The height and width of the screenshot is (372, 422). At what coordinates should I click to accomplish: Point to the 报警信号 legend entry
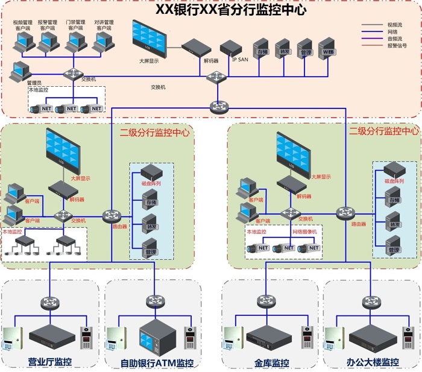pyautogui.click(x=396, y=46)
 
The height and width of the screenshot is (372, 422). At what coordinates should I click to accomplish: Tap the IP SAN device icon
pyautogui.click(x=231, y=48)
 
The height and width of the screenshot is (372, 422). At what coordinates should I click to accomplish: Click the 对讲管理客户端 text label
pyautogui.click(x=104, y=25)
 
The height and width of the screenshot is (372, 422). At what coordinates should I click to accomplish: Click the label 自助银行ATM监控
pyautogui.click(x=157, y=363)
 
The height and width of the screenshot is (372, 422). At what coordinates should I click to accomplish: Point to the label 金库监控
pyautogui.click(x=268, y=363)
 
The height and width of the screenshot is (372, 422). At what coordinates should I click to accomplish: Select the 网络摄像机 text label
pyautogui.click(x=304, y=232)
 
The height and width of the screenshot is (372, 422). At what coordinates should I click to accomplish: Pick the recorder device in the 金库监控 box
pyautogui.click(x=264, y=336)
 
